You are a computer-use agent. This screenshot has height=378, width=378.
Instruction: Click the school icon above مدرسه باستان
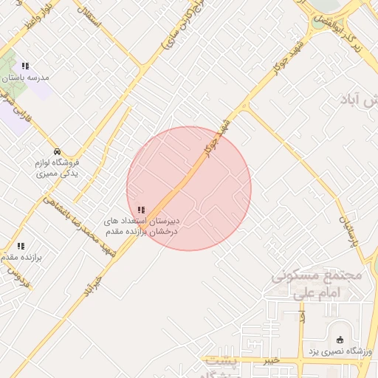(27, 66)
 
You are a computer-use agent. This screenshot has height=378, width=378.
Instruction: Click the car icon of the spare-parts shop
(58, 151)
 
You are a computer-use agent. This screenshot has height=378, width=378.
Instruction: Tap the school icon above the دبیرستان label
(141, 210)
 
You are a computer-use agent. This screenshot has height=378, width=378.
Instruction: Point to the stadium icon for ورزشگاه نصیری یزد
(340, 340)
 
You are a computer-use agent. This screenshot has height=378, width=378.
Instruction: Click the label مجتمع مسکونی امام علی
(317, 283)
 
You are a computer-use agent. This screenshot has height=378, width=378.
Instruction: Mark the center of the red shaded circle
(189, 188)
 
